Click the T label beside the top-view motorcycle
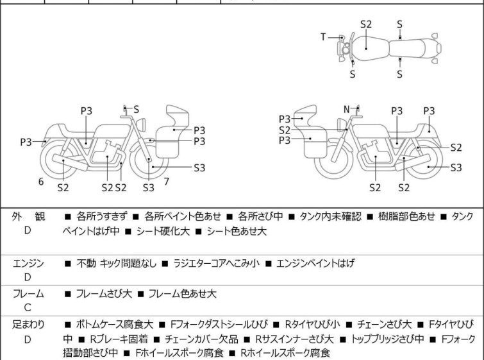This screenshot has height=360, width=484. pyautogui.click(x=323, y=37)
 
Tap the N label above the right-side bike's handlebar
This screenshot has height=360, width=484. pyautogui.click(x=346, y=109)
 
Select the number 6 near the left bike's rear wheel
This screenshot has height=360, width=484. pyautogui.click(x=40, y=182)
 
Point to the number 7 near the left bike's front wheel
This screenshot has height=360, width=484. pyautogui.click(x=166, y=181)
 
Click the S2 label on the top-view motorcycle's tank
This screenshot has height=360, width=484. pyautogui.click(x=365, y=24)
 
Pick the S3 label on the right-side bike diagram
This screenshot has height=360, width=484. pyautogui.click(x=456, y=167)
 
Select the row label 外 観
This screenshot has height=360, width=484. pyautogui.click(x=28, y=216)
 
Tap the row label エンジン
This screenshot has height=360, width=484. pyautogui.click(x=28, y=263)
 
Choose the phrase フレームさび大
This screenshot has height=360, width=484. pyautogui.click(x=104, y=294)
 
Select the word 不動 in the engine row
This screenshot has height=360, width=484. pyautogui.click(x=86, y=263)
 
